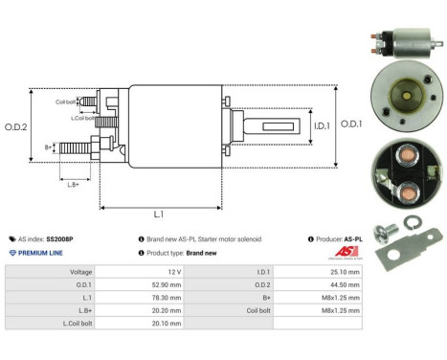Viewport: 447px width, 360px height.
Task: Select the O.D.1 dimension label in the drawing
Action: [x=351, y=124]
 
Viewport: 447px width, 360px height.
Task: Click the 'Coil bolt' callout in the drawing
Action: [x=66, y=101]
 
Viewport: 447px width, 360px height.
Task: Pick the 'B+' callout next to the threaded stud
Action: [x=49, y=147]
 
